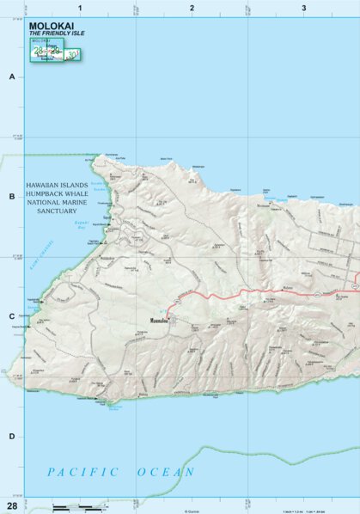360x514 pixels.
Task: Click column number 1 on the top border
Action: pyautogui.click(x=80, y=8)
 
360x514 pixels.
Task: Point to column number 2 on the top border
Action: pyautogui.click(x=192, y=8)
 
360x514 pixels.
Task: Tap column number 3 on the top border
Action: pyautogui.click(x=303, y=8)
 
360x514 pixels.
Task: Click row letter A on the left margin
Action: pyautogui.click(x=12, y=76)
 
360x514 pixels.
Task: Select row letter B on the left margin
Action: pyautogui.click(x=12, y=197)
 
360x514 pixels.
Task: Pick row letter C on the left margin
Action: pyautogui.click(x=12, y=316)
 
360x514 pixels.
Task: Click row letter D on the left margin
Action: pyautogui.click(x=12, y=436)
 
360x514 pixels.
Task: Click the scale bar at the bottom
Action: pyautogui.click(x=73, y=508)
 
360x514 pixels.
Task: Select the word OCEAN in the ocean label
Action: pyautogui.click(x=166, y=472)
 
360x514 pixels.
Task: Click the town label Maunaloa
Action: pyautogui.click(x=156, y=324)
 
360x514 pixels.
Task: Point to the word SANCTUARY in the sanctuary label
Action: pyautogui.click(x=62, y=210)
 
